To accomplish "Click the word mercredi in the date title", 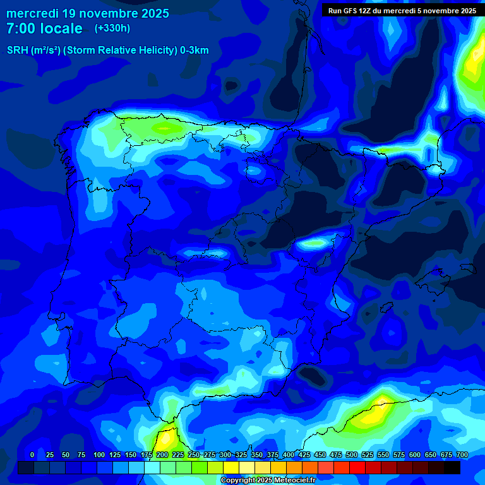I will coord(33,13).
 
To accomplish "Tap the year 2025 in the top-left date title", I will coord(152,13).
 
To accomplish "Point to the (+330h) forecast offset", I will coord(112,28).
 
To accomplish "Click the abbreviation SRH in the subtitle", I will coord(17,51).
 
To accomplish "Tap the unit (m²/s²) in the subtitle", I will coord(45,51).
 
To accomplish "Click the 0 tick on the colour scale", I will coord(32,455).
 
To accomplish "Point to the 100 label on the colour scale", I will coord(99,455).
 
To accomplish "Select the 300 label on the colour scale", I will coord(225,455).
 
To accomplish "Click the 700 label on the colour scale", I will coord(462,455).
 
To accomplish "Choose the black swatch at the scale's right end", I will coord(452,467).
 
